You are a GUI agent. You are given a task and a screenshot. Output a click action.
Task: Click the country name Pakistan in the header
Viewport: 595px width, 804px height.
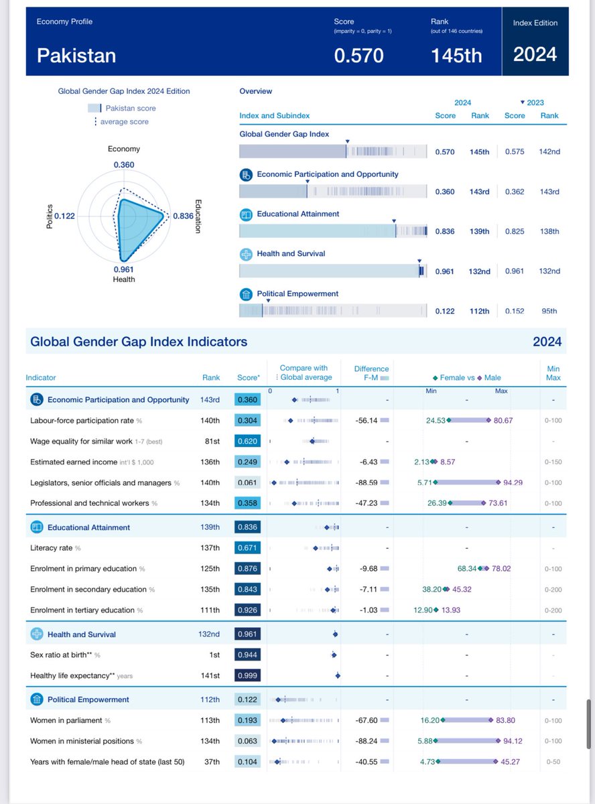[76, 55]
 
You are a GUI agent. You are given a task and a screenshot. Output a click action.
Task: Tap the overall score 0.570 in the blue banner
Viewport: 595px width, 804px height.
[358, 55]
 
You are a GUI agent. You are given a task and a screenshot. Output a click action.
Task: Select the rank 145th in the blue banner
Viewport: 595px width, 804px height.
[456, 55]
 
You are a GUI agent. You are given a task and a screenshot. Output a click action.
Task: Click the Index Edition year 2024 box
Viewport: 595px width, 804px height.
[535, 54]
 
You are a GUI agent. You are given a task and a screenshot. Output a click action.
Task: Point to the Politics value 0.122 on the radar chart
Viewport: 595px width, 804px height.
[64, 216]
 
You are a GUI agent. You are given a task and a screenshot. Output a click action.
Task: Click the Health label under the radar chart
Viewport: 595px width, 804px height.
[123, 279]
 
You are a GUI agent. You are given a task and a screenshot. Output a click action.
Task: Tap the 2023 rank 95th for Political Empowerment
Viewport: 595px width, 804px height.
[549, 311]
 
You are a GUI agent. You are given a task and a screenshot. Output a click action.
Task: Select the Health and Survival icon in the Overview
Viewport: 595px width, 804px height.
[246, 254]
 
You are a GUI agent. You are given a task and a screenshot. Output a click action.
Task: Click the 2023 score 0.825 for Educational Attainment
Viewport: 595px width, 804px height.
[515, 231]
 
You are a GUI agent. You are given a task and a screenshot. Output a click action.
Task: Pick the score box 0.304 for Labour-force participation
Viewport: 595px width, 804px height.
[247, 421]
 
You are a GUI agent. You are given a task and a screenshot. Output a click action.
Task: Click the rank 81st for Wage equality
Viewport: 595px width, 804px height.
[211, 442]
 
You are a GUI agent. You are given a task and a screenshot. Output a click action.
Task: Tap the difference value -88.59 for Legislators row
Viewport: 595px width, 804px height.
[365, 482]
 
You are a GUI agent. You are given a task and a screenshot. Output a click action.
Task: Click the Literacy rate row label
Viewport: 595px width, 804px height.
[52, 548]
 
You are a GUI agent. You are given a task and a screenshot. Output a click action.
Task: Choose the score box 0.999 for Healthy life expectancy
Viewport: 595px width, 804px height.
[247, 675]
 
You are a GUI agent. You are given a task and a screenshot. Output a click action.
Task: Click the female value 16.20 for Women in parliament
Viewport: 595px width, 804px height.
[429, 720]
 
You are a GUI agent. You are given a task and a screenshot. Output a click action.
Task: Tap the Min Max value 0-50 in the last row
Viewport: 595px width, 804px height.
[553, 762]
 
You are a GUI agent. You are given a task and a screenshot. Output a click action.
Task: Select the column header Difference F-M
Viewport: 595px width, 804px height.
[371, 373]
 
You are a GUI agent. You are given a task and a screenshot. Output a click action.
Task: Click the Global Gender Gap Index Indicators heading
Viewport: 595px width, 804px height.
[139, 342]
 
